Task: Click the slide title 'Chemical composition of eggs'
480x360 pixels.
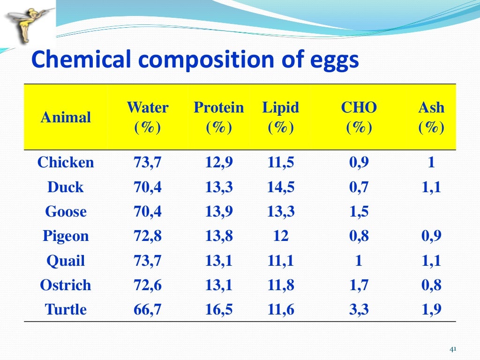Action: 195,60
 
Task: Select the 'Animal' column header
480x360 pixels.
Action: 66,117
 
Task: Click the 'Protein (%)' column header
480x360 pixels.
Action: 219,117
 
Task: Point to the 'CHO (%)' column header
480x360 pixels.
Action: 359,117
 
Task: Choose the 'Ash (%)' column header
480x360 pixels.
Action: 431,117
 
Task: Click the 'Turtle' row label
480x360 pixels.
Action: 66,309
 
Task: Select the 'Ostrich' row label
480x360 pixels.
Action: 66,285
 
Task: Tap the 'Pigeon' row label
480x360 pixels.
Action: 66,236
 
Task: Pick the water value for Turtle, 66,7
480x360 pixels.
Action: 148,309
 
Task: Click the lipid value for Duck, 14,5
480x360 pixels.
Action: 281,187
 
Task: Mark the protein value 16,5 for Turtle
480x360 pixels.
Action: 219,309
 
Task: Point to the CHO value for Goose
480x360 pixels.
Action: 359,211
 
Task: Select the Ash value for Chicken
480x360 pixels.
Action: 431,163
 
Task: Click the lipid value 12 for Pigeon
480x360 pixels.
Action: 281,236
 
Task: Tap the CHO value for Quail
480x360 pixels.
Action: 359,261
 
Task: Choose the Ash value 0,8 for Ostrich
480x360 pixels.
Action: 431,285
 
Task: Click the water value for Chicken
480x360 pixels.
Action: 148,163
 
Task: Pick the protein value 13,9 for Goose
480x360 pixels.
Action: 219,211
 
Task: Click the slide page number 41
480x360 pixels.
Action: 453,349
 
